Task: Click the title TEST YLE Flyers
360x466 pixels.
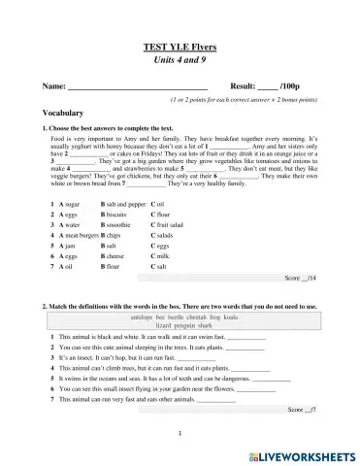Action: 180,47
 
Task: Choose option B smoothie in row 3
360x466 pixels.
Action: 126,224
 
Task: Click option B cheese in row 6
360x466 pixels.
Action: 123,255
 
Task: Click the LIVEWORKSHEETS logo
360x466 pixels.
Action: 305,453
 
